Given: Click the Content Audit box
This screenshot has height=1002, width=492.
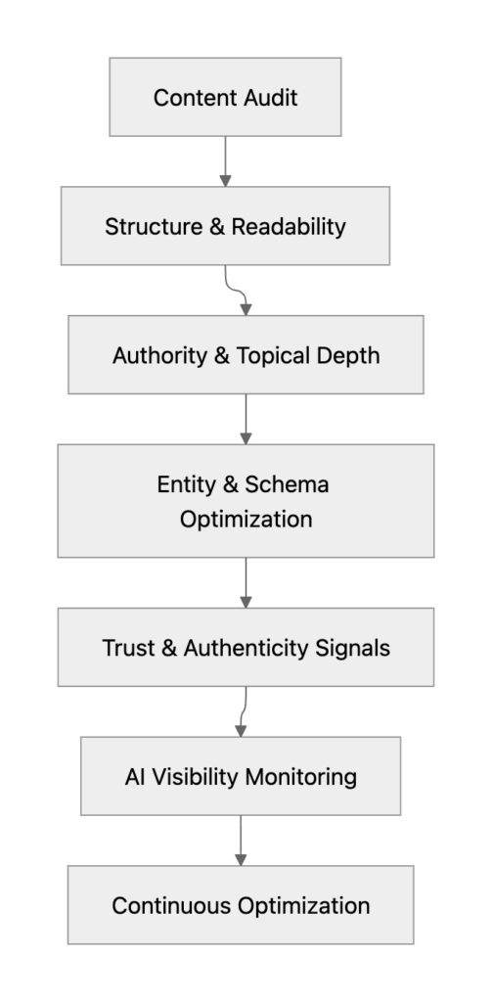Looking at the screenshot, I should point(225,97).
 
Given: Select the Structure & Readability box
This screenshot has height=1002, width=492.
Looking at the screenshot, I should point(225,226).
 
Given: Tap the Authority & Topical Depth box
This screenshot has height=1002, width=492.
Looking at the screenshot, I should point(246,354).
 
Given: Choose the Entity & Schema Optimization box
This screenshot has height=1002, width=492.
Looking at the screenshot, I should point(246,501).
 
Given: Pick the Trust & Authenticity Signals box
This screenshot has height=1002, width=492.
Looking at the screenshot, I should point(246,647).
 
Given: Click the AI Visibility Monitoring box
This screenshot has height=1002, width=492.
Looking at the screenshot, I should point(241,776).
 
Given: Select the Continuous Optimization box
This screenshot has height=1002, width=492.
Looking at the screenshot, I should point(241,904).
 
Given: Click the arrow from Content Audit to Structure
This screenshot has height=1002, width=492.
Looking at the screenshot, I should point(225,161).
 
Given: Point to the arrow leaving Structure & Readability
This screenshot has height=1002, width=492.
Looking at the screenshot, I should point(236,290).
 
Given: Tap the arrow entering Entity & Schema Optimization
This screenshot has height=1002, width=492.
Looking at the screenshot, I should point(246,419).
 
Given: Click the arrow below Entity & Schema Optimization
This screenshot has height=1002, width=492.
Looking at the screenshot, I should point(246,582).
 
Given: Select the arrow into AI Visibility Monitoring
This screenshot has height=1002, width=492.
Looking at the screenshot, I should point(243,711).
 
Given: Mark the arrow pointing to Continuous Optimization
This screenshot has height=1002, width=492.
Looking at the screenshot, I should point(241,841).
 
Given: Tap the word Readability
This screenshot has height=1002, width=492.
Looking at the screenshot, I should point(289,226).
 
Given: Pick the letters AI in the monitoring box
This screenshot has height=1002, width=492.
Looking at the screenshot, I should point(135,777).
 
